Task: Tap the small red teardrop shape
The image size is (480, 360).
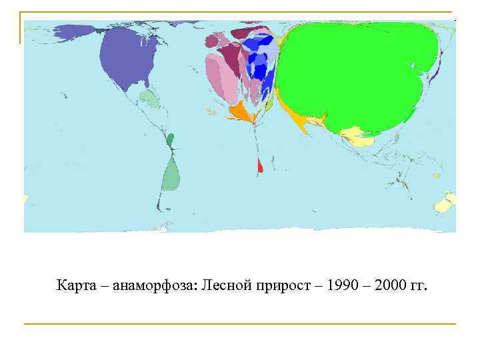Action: [261, 166]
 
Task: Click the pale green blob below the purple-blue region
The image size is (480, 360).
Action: [150, 100]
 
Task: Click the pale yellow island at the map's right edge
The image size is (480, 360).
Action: [445, 202]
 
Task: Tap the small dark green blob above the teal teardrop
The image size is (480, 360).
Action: [170, 140]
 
